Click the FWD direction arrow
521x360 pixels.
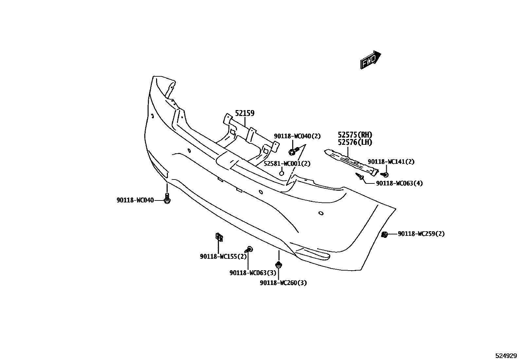click(371, 60)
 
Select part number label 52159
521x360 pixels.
click(245, 113)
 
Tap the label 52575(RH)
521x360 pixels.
click(355, 135)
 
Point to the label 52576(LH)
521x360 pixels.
click(355, 142)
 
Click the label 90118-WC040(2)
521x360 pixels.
click(297, 136)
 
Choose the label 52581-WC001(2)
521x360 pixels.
click(287, 163)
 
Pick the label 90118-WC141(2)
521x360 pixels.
click(391, 161)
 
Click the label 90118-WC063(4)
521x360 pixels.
click(399, 183)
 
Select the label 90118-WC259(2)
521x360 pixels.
click(421, 234)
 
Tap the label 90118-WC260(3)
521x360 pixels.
click(283, 283)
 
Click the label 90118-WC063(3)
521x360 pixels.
click(253, 273)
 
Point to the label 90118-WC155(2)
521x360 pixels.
click(224, 256)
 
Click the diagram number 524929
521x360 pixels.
click(506, 355)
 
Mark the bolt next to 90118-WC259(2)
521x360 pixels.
click(385, 234)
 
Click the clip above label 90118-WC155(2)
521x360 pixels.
click(219, 236)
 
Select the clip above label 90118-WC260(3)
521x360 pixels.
click(279, 264)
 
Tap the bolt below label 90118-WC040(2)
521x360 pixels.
click(293, 151)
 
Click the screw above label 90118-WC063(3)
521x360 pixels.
click(250, 250)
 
